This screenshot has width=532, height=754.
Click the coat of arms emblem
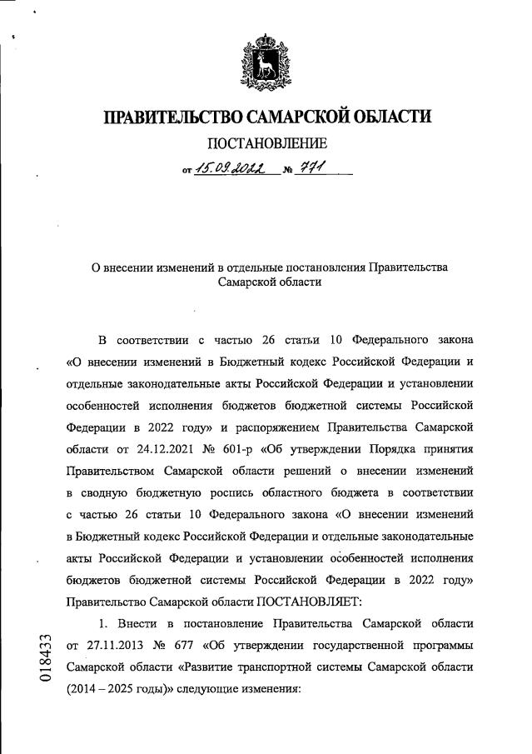coord(266,59)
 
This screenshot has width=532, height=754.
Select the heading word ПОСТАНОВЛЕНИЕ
coord(266,144)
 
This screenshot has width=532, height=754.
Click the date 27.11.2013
coord(107,645)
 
